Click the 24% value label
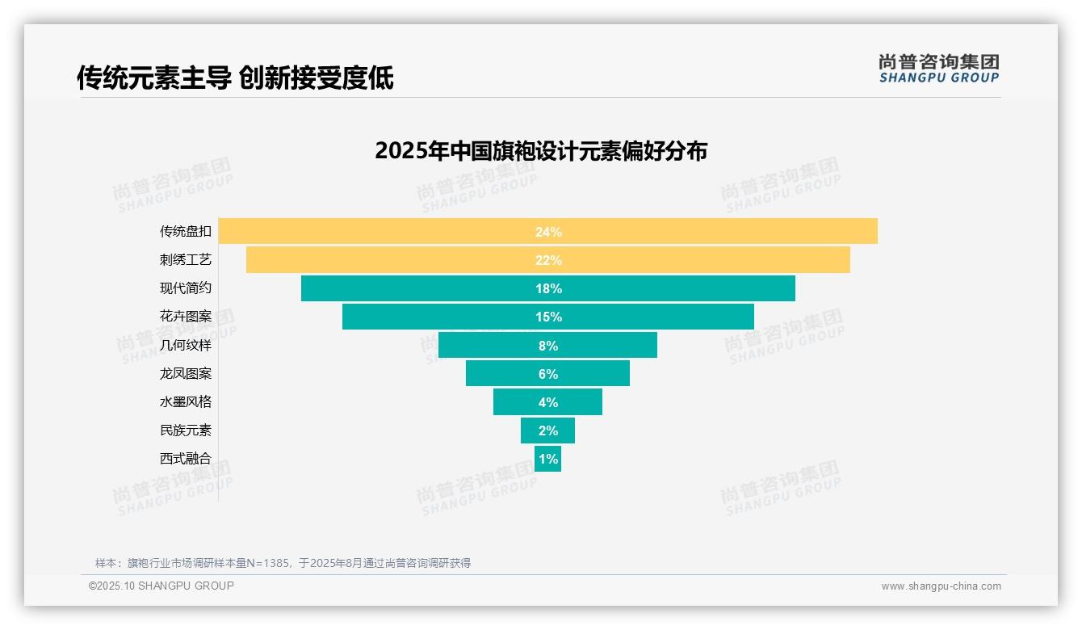pyautogui.click(x=548, y=232)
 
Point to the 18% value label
pyautogui.click(x=548, y=288)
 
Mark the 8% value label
pyautogui.click(x=548, y=346)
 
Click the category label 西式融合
pyautogui.click(x=186, y=459)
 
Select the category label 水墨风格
pyautogui.click(x=186, y=402)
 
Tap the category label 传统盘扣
pyautogui.click(x=186, y=232)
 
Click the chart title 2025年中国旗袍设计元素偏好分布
pyautogui.click(x=541, y=151)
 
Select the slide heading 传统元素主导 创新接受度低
pyautogui.click(x=235, y=78)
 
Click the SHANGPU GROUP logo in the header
pyautogui.click(x=939, y=69)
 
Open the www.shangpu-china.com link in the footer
pyautogui.click(x=941, y=586)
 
